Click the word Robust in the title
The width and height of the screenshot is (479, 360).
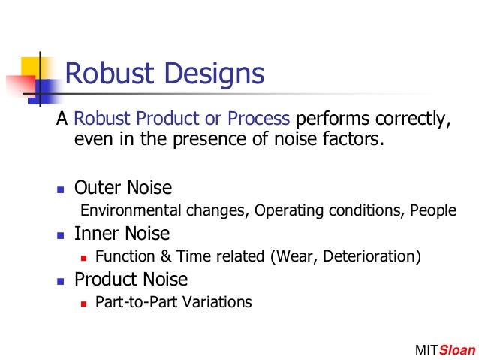(x=107, y=74)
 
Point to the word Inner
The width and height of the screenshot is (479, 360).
(x=95, y=233)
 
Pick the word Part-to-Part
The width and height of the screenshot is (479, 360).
(x=128, y=303)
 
